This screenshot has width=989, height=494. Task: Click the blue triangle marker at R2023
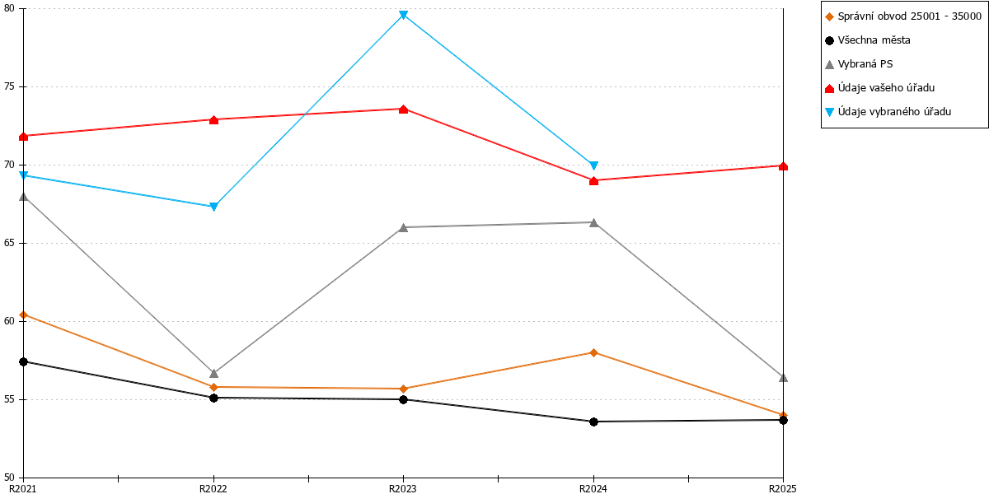(403, 16)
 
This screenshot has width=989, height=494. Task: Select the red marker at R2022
(213, 120)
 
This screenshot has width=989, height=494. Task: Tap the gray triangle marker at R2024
(594, 223)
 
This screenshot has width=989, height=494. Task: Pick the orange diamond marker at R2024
(594, 353)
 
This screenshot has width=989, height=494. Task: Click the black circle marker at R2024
(594, 422)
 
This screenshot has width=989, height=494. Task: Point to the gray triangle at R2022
(213, 374)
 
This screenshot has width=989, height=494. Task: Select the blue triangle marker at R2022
(213, 207)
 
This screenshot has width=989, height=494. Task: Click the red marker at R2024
(594, 181)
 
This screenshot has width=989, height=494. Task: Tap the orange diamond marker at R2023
(403, 389)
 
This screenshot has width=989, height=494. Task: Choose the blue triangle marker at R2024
(594, 165)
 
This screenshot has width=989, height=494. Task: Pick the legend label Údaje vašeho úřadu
(886, 88)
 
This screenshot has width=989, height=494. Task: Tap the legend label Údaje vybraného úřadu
(894, 112)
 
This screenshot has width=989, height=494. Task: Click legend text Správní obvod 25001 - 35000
(910, 16)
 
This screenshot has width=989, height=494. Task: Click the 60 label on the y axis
(9, 321)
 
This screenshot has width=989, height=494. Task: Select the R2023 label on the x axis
(403, 489)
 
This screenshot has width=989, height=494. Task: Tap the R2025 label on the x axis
(782, 489)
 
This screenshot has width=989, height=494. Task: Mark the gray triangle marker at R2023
(403, 227)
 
